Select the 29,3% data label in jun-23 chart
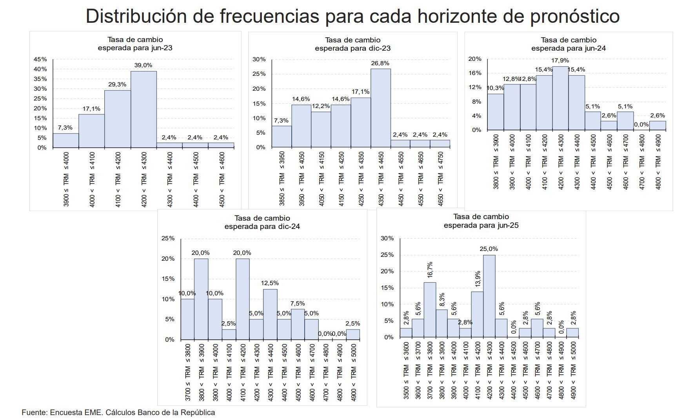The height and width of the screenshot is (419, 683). click(x=117, y=84)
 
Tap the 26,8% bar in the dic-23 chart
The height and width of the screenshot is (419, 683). click(x=380, y=108)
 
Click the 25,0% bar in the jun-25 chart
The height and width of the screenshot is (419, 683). click(x=489, y=296)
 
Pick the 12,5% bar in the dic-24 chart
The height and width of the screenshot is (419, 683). click(x=270, y=314)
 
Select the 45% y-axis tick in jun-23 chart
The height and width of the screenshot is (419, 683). click(x=40, y=59)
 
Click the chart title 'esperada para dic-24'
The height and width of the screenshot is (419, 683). click(x=262, y=227)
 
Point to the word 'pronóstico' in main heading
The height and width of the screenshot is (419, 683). click(x=575, y=16)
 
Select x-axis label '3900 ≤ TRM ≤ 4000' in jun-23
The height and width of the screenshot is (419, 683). click(x=66, y=179)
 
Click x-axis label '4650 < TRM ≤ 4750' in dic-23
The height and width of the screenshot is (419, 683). click(x=440, y=178)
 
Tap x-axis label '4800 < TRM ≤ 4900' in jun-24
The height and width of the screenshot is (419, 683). click(x=658, y=162)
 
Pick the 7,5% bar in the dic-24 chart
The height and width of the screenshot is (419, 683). click(x=298, y=324)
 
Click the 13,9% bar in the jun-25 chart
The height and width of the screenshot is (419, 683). click(x=477, y=314)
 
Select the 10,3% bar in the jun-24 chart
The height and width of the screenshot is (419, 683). click(x=496, y=112)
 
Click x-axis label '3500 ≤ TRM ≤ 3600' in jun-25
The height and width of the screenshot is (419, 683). click(x=406, y=370)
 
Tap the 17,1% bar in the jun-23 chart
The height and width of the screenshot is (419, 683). click(x=91, y=131)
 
